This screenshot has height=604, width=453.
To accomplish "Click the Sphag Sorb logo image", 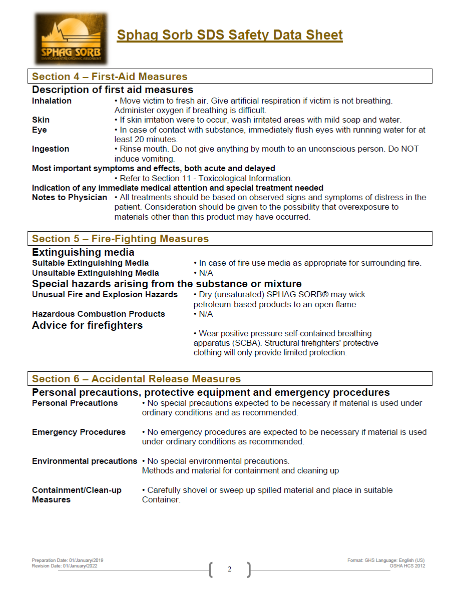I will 71,39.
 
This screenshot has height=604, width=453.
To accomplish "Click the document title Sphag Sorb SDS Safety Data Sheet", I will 230,35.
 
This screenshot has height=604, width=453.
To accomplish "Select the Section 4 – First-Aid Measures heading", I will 110,77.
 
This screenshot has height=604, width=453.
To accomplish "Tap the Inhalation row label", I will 52,101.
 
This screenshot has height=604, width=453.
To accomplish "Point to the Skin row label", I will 41,120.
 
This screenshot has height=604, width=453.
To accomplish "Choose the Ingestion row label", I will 51,149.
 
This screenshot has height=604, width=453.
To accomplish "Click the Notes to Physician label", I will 70,198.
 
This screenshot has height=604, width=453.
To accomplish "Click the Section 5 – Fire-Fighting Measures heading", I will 120,239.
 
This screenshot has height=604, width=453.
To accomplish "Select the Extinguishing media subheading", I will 83,252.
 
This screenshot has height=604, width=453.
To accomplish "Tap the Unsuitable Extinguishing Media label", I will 95,273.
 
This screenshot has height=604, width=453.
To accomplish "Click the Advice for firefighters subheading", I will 87,326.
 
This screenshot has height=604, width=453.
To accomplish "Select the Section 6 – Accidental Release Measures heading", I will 136,379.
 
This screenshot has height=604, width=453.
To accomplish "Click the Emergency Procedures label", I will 79,432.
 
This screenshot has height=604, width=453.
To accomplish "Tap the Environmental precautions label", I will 85,461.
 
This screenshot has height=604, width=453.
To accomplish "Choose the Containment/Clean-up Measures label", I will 77,495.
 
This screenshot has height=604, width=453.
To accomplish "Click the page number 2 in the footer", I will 229,569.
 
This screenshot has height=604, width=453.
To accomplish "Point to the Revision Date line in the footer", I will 65,566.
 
